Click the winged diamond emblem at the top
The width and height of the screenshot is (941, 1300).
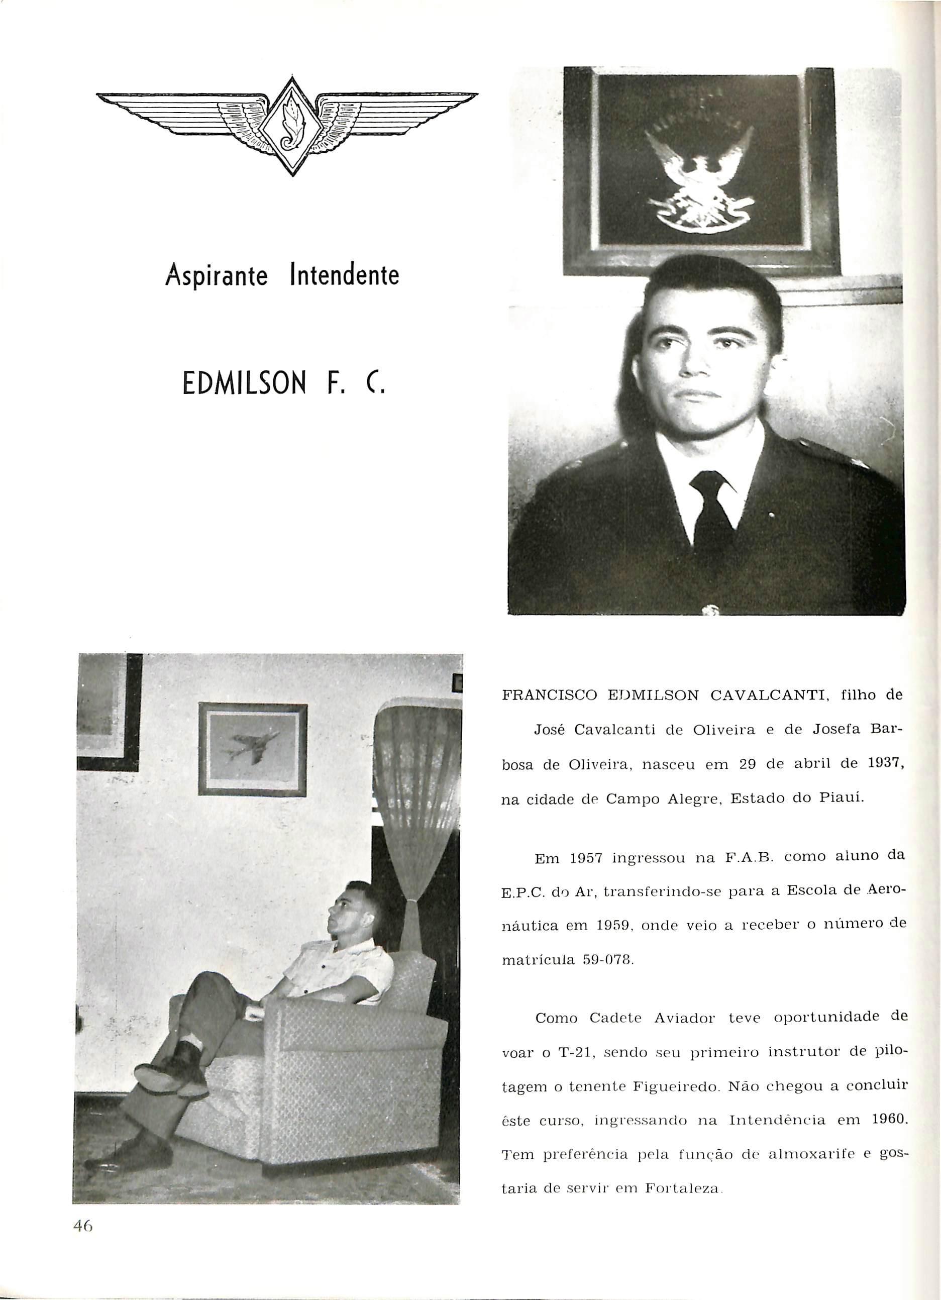[x=286, y=127]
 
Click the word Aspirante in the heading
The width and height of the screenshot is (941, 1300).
[x=217, y=277]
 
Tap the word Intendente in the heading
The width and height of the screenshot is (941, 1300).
[x=345, y=277]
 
